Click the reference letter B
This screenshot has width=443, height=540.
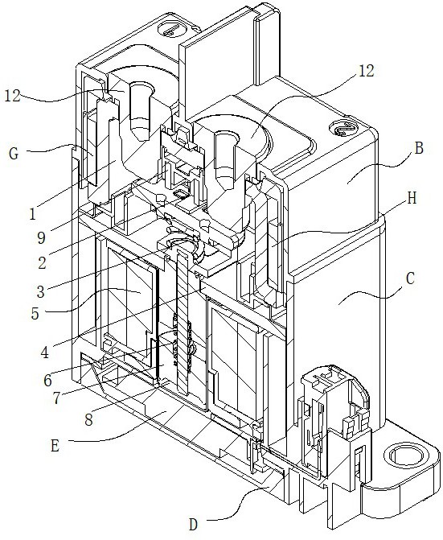(419, 148)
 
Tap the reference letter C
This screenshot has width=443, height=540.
(410, 278)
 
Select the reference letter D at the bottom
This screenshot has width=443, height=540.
(194, 525)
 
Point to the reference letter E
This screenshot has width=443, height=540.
(55, 446)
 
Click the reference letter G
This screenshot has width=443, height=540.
(14, 153)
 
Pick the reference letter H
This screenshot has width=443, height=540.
(412, 198)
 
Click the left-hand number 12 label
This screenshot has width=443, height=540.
(13, 97)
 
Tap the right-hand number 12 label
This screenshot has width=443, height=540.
(366, 71)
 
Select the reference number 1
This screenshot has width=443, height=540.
(33, 214)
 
